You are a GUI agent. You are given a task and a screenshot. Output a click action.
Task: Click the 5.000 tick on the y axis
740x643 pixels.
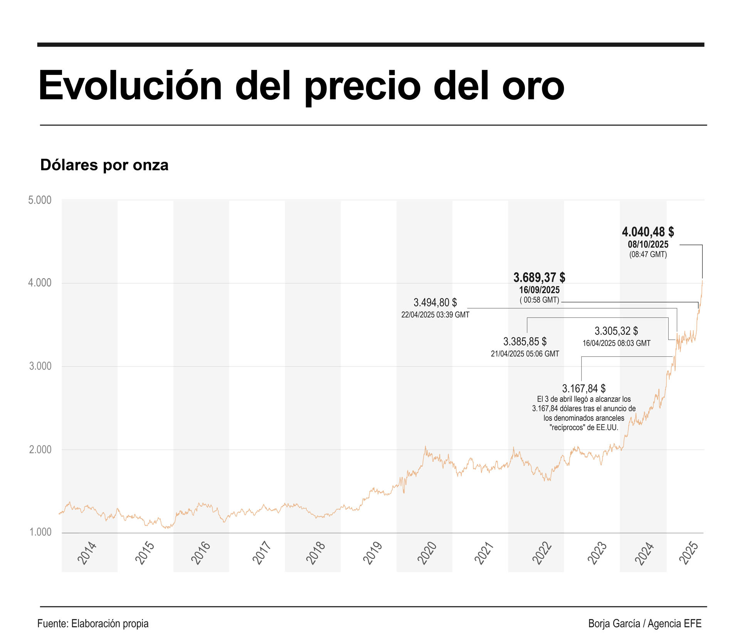tap(40, 200)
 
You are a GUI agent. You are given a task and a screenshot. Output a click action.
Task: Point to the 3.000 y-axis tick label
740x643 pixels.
tap(40, 366)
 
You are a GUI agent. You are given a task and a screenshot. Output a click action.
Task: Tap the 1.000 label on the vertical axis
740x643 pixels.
tap(40, 532)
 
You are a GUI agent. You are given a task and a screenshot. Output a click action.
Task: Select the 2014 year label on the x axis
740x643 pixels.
tap(87, 553)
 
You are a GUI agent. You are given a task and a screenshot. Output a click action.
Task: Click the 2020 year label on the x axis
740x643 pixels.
tap(427, 553)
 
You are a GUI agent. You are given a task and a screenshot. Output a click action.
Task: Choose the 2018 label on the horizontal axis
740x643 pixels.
tap(316, 553)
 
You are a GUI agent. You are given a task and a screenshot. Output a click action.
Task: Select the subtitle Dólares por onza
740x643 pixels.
tap(104, 165)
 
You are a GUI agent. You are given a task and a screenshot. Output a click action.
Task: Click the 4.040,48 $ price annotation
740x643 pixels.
tap(647, 232)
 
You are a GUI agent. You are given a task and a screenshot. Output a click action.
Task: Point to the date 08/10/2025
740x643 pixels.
tap(648, 244)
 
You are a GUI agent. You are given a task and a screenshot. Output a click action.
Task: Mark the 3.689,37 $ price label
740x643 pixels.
tap(539, 277)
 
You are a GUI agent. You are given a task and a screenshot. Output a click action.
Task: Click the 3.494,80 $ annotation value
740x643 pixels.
tap(435, 302)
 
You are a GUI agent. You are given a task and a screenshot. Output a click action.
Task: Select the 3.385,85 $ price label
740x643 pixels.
tap(525, 341)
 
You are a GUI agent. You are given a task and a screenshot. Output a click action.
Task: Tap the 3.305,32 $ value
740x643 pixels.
tap(616, 331)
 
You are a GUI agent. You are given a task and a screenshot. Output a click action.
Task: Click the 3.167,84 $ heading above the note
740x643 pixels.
tap(584, 388)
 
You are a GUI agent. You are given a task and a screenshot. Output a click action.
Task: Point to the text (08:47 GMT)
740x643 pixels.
tap(648, 255)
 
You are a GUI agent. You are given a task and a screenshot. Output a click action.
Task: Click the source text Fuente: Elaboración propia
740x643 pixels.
tap(93, 624)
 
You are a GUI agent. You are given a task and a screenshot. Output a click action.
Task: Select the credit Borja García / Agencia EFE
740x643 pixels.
tap(644, 624)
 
